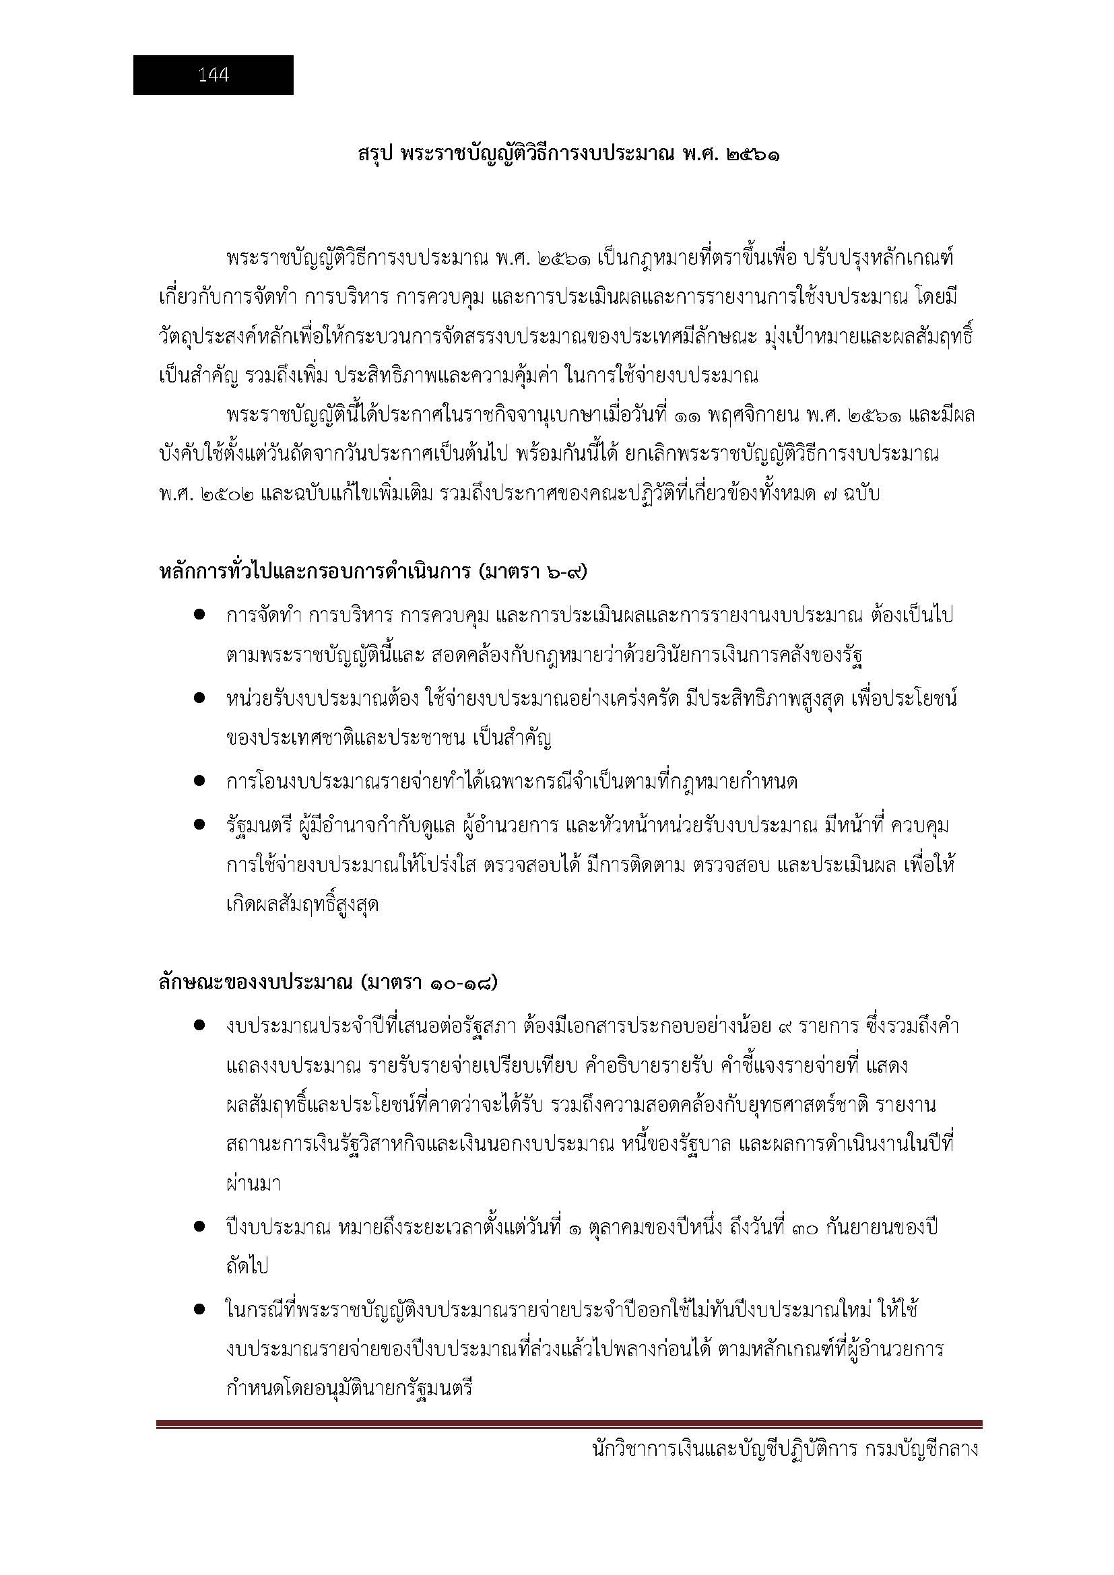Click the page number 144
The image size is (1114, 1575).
(214, 75)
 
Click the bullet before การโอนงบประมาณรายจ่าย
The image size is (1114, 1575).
(200, 780)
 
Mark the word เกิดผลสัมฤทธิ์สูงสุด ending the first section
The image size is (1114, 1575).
(302, 905)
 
